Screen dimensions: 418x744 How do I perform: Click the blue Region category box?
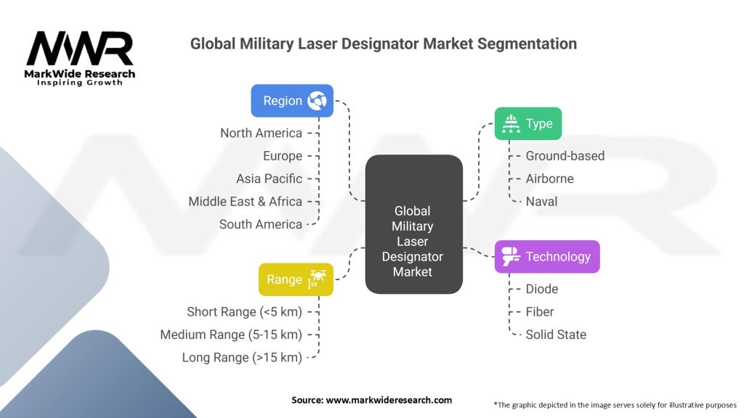click(292, 101)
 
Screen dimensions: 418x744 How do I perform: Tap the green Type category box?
click(528, 123)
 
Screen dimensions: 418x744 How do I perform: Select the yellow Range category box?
click(296, 279)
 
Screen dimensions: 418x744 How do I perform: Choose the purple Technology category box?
click(547, 256)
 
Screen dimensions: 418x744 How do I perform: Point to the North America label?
click(261, 133)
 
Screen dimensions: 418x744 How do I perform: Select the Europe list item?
click(282, 156)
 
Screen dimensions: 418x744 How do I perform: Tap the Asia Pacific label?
click(269, 179)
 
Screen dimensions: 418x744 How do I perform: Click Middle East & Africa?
click(245, 202)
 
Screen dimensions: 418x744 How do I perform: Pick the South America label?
click(260, 224)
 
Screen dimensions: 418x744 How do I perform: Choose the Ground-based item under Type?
click(565, 156)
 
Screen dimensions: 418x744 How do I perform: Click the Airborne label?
click(549, 179)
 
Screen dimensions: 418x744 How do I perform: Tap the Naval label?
click(541, 202)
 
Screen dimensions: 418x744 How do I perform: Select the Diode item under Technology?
click(542, 289)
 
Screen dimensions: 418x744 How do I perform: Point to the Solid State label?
click(556, 335)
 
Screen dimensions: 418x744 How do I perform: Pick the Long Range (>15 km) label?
click(242, 358)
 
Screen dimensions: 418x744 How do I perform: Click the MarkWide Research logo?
click(80, 58)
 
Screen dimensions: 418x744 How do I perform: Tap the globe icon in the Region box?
click(318, 101)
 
